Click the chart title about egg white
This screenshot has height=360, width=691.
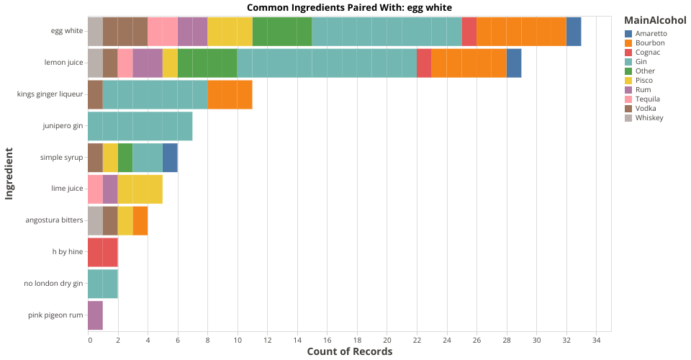tap(349, 7)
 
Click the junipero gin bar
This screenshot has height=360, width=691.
tap(140, 126)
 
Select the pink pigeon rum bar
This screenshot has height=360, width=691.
tap(95, 315)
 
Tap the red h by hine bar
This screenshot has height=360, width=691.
tap(102, 252)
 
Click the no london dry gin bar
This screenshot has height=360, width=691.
tap(102, 284)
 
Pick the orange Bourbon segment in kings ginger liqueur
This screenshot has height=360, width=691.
tap(230, 94)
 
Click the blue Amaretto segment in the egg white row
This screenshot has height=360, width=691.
tap(574, 32)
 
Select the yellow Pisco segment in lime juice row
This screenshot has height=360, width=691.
tap(140, 189)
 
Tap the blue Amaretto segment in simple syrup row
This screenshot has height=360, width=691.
tap(170, 158)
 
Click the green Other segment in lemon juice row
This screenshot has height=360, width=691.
tap(207, 63)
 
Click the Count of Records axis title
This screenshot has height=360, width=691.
tap(349, 351)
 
